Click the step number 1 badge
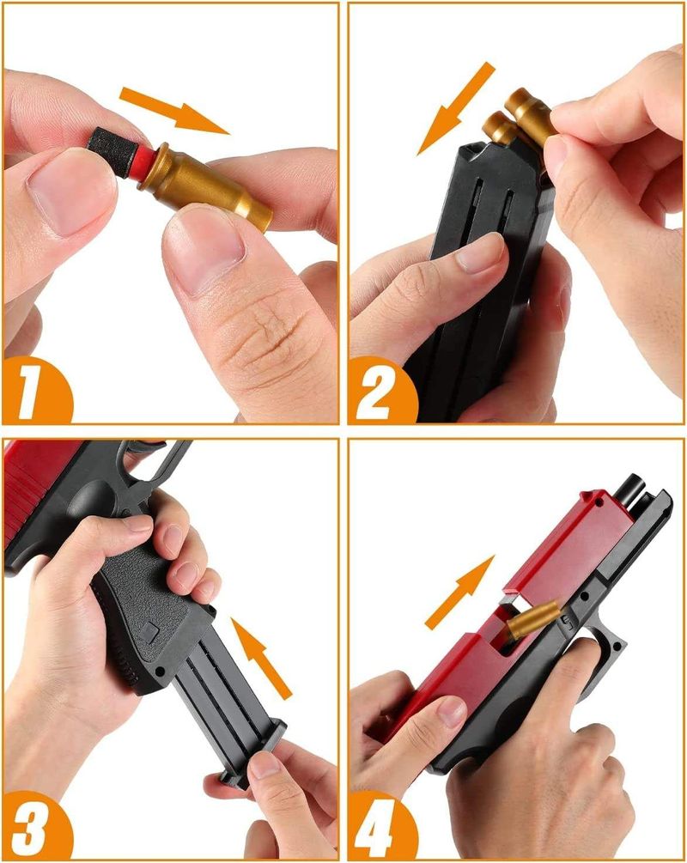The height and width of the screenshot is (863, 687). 36,390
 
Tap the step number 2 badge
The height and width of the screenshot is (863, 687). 381,390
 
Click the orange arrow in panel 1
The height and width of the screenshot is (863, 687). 174,111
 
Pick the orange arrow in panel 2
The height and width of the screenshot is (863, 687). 456,108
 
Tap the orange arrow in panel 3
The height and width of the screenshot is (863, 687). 260,659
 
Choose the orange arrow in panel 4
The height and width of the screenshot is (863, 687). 459,593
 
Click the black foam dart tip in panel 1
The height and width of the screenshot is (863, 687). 112,150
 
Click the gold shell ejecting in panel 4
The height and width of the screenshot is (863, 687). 532,620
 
